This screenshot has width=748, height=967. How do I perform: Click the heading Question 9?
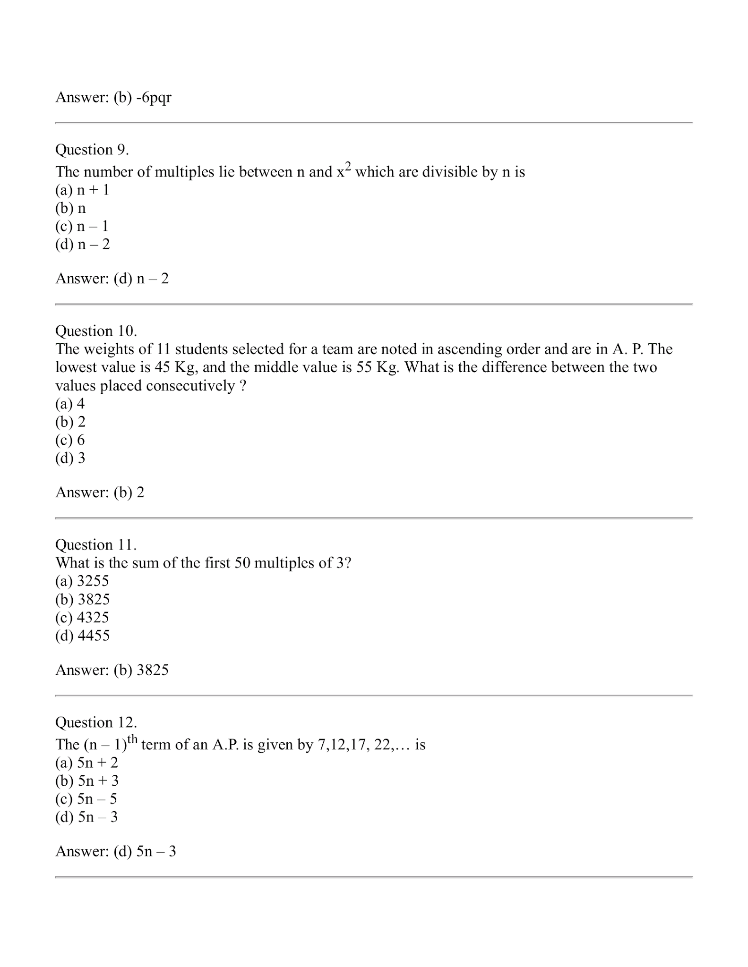click(x=92, y=150)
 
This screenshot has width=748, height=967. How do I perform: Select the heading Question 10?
click(x=96, y=331)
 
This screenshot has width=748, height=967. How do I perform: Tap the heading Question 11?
click(x=96, y=544)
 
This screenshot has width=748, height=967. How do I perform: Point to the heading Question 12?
click(x=96, y=722)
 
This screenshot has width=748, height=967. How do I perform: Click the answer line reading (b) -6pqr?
click(x=113, y=97)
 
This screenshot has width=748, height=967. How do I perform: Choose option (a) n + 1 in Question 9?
click(x=82, y=190)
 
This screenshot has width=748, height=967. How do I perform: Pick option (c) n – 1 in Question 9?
click(x=82, y=226)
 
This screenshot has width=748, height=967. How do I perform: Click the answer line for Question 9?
click(x=112, y=279)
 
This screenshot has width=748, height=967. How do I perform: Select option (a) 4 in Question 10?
click(x=70, y=404)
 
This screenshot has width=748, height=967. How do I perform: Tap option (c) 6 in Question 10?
click(x=70, y=440)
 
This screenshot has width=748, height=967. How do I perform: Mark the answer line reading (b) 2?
click(x=100, y=492)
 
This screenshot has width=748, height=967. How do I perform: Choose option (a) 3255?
click(x=82, y=581)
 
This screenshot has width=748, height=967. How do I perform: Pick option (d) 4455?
click(x=82, y=636)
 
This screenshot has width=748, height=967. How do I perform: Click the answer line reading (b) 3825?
click(x=112, y=670)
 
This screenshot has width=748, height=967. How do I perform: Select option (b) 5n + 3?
click(x=86, y=780)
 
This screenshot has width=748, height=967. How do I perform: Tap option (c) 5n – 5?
click(x=86, y=799)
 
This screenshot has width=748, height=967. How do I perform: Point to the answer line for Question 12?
click(x=116, y=851)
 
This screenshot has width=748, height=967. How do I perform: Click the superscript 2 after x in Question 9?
click(x=347, y=166)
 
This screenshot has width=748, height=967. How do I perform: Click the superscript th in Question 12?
click(x=132, y=739)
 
